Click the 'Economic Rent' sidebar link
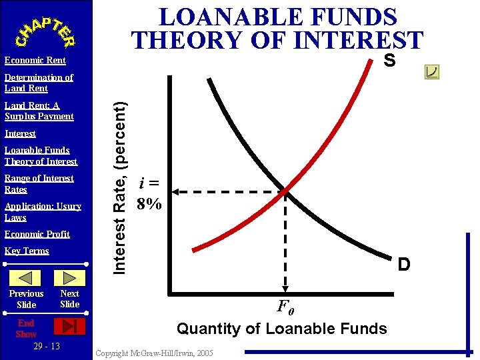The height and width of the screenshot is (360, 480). (x=35, y=61)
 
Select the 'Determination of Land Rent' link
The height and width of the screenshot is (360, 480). (x=39, y=83)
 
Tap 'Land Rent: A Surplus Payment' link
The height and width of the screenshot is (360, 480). (x=39, y=111)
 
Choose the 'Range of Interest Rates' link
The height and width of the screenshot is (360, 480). (x=39, y=183)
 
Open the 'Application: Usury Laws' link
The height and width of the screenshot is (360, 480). (x=43, y=212)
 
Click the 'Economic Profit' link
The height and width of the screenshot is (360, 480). (x=37, y=234)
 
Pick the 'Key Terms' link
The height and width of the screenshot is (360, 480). (x=27, y=251)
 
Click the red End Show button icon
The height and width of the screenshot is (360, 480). (x=69, y=326)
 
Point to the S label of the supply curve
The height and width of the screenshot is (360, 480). (x=389, y=61)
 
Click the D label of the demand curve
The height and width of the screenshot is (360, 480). (x=403, y=265)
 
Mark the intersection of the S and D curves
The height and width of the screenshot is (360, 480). (x=285, y=192)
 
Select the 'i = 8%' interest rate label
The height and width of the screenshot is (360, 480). (x=149, y=194)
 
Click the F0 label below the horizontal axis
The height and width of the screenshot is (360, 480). (x=285, y=308)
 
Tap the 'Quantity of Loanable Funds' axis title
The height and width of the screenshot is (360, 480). (x=281, y=329)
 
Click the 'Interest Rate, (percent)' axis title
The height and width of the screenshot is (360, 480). (x=120, y=186)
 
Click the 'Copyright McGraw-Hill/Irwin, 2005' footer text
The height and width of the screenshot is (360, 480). (x=155, y=353)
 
